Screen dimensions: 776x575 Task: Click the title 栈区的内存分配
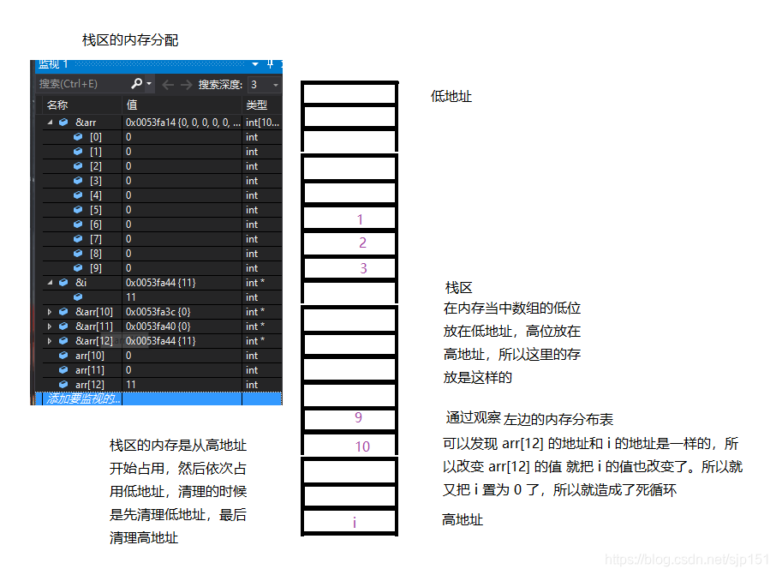pos(129,40)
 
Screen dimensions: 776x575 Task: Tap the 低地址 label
pos(451,97)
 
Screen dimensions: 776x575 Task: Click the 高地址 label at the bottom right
pos(462,520)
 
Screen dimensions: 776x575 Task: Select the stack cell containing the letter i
pos(349,522)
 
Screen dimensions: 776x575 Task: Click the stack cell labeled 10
pos(349,446)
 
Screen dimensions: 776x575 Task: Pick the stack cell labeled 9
pos(349,419)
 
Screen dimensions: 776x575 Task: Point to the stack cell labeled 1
pos(349,219)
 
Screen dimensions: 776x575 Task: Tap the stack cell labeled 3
pos(349,268)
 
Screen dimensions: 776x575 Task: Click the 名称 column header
pos(57,105)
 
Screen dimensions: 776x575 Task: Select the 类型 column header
pos(256,105)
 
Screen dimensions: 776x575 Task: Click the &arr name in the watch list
pos(86,123)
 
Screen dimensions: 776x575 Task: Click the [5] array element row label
pos(95,210)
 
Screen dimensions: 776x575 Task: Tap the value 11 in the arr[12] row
pos(131,385)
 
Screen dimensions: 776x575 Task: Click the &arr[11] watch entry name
pos(94,326)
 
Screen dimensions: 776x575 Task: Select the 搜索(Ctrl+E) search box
pos(81,84)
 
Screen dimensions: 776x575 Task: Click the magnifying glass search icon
pos(137,84)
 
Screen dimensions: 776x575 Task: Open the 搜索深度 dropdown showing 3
pos(264,85)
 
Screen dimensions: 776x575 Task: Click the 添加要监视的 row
pos(84,398)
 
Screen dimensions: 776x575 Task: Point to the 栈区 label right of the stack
pos(458,288)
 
